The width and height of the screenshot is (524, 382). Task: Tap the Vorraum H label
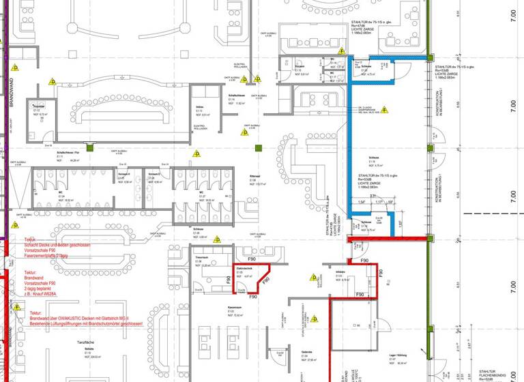124,175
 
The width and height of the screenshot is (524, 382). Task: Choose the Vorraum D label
154,175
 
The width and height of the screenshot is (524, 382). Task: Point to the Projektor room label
39,108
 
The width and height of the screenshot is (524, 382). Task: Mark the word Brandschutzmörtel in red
105,324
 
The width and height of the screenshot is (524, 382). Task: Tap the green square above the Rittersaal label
259,149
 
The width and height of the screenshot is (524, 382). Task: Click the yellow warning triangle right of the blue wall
384,108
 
